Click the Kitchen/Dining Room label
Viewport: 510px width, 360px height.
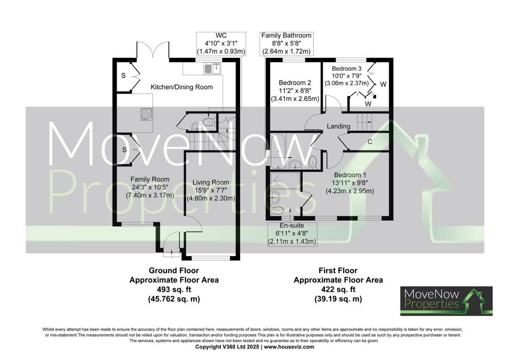tap(182, 87)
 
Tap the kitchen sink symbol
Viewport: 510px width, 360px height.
tap(212, 68)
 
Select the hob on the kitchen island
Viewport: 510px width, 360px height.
tap(146, 114)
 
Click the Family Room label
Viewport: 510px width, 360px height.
tap(150, 179)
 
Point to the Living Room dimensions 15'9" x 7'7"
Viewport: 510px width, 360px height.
tap(211, 190)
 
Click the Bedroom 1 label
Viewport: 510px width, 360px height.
tap(350, 175)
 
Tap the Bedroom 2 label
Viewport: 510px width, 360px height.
tap(295, 83)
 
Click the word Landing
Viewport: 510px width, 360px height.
tap(339, 126)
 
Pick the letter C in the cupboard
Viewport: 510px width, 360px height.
tap(370, 142)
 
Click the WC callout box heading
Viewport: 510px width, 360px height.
tap(221, 35)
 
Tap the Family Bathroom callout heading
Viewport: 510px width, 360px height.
tap(286, 35)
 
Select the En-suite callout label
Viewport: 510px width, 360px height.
tap(292, 226)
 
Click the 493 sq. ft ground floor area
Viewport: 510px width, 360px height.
tap(174, 289)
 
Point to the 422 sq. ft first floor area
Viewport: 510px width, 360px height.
tap(338, 289)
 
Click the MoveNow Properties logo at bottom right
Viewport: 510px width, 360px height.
tap(446, 301)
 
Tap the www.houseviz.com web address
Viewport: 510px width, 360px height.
tap(289, 347)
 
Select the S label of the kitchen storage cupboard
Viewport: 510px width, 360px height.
tap(124, 76)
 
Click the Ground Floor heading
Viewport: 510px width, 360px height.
tap(174, 270)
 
